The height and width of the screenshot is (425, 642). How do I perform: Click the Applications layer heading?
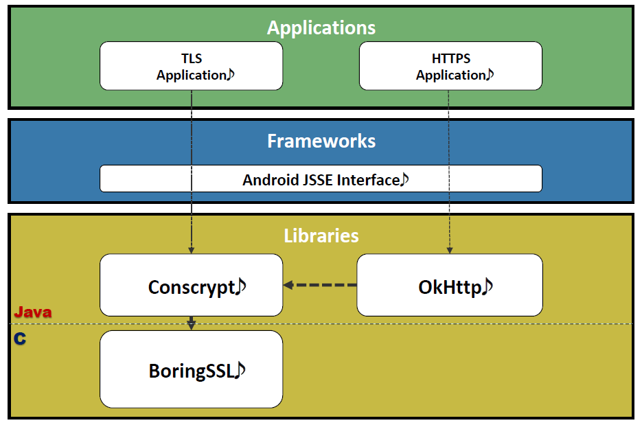(x=321, y=27)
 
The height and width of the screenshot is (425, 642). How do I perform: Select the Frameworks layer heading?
(x=321, y=141)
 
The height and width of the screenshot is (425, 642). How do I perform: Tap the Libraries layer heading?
(x=321, y=236)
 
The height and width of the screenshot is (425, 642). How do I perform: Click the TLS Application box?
(x=191, y=66)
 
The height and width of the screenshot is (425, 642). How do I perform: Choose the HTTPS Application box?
(x=450, y=66)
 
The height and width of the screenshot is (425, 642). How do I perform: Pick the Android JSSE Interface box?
(x=321, y=179)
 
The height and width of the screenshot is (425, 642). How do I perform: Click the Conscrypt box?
(x=191, y=285)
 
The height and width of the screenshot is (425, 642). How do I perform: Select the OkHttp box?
(x=450, y=285)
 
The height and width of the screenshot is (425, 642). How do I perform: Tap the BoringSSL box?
(x=191, y=369)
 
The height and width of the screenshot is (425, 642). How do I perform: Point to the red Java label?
(x=33, y=312)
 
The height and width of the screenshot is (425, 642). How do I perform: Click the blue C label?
(x=20, y=338)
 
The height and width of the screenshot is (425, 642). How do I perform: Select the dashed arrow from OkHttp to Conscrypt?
(x=320, y=285)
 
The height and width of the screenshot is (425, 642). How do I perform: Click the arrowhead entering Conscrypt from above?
(x=192, y=249)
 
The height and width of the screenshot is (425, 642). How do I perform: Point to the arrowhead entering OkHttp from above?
(x=450, y=249)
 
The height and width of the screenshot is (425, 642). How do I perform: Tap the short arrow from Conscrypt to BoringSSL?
(x=192, y=323)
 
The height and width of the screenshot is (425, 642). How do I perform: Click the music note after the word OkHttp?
(x=488, y=286)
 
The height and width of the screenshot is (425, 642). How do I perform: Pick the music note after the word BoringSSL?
(x=240, y=371)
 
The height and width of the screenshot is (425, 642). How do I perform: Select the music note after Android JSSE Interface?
(x=404, y=179)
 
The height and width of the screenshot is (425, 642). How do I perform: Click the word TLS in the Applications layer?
(x=192, y=59)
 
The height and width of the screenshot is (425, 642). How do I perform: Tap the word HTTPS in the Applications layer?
(x=450, y=59)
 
